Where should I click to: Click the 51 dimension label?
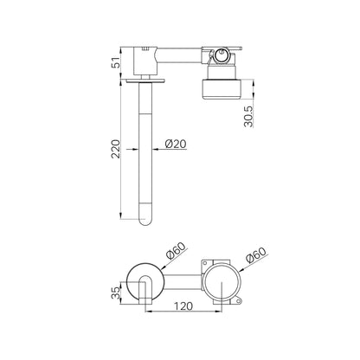116,62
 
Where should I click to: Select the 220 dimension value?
116,149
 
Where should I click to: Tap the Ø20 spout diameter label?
176,144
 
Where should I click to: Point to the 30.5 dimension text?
248,117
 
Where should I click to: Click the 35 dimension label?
115,292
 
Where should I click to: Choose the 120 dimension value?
183,305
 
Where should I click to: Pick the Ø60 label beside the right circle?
255,254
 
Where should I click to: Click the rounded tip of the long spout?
145,222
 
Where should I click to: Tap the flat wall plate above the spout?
145,81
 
